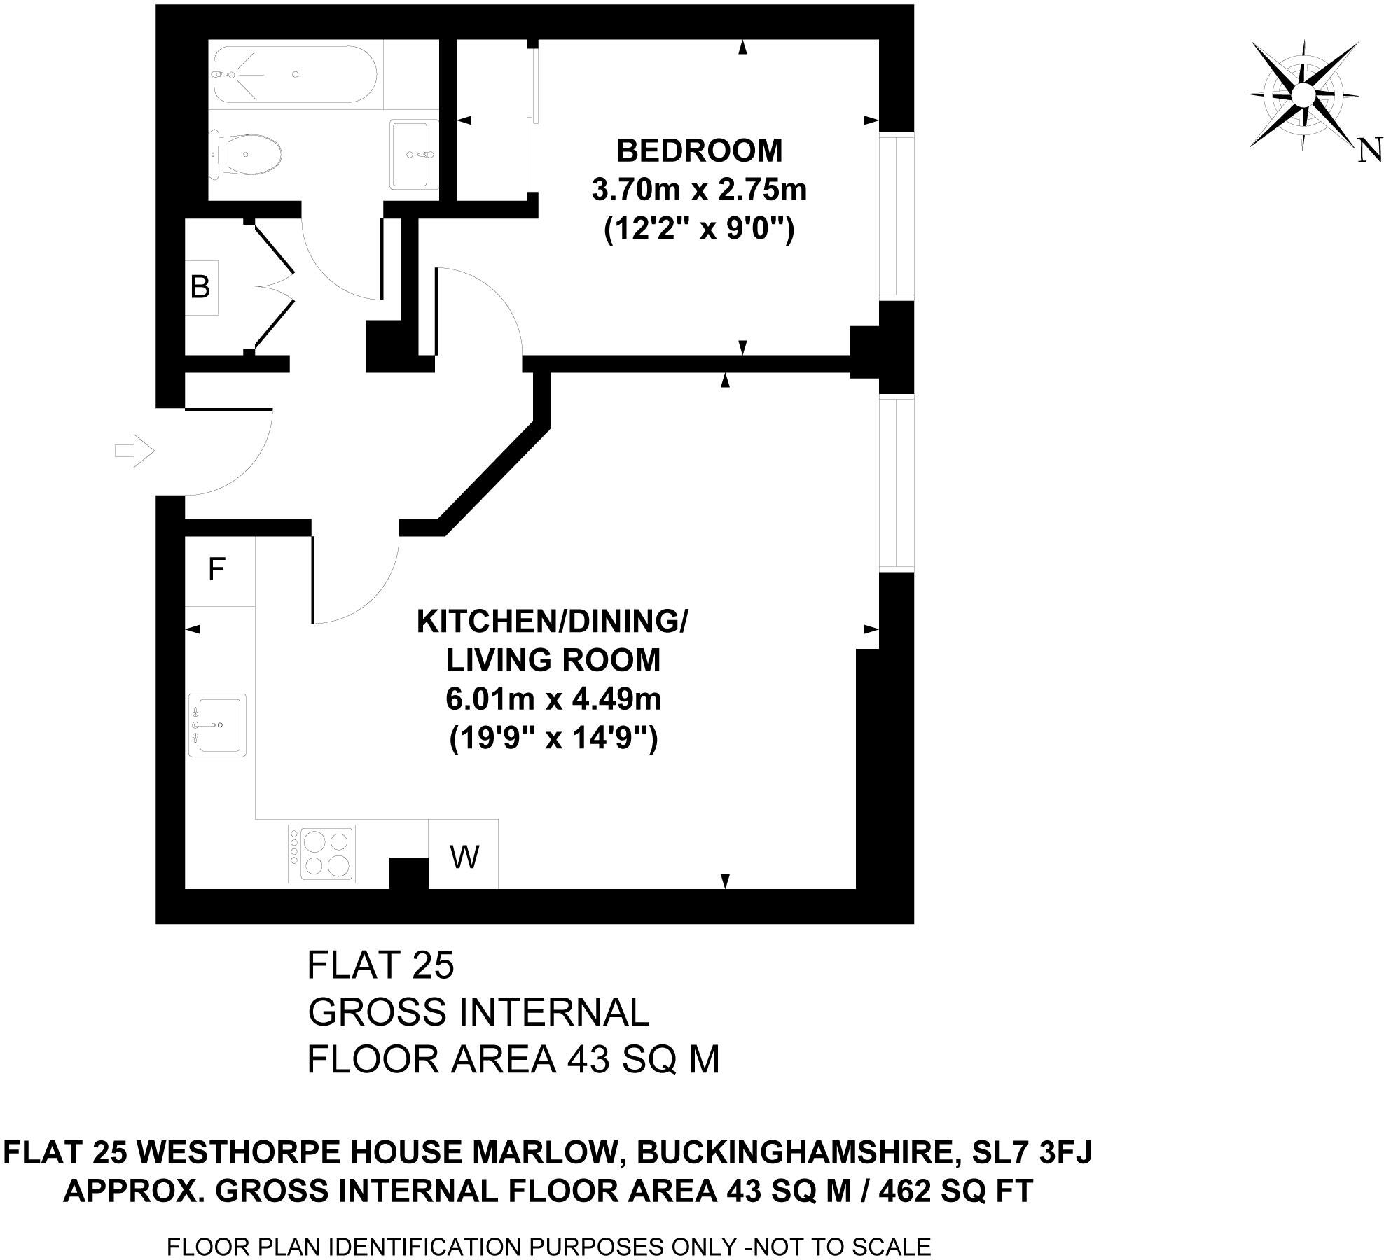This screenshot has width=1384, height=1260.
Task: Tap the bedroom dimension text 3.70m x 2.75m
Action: click(x=698, y=190)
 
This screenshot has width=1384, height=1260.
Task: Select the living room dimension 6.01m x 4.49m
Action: click(x=553, y=699)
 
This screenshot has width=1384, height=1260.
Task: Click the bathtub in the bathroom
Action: click(x=294, y=74)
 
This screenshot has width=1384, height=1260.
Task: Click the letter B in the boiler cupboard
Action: click(x=200, y=287)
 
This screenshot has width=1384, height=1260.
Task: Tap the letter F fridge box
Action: click(x=217, y=570)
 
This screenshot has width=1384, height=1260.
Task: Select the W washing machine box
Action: click(x=464, y=855)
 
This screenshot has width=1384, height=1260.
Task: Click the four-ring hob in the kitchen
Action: click(x=321, y=853)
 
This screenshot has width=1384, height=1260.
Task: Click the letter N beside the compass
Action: click(x=1369, y=150)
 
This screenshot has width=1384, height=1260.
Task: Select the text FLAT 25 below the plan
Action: click(x=380, y=965)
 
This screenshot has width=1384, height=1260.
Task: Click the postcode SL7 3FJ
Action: click(x=1032, y=1151)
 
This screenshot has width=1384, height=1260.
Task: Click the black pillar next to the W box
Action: click(x=408, y=872)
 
